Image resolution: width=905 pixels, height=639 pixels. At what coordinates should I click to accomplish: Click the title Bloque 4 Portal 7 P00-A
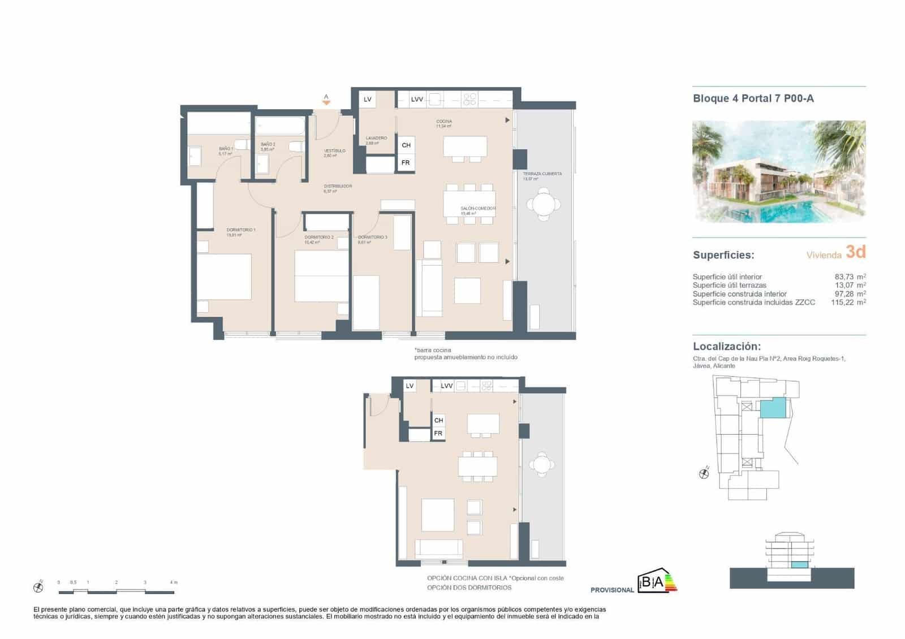pyautogui.click(x=753, y=98)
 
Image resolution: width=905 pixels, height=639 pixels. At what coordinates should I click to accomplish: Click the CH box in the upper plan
pyautogui.click(x=406, y=145)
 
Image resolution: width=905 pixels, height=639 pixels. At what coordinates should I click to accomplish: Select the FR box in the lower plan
pyautogui.click(x=438, y=434)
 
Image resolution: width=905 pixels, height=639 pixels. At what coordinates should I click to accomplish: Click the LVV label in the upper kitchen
pyautogui.click(x=417, y=100)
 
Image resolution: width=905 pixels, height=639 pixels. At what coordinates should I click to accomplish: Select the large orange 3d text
pyautogui.click(x=856, y=252)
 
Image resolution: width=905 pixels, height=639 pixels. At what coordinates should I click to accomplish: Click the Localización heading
pyautogui.click(x=727, y=347)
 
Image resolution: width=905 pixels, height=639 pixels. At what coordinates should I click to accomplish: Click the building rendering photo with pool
pyautogui.click(x=779, y=171)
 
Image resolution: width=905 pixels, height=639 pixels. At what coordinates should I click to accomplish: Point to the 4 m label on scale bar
pyautogui.click(x=174, y=582)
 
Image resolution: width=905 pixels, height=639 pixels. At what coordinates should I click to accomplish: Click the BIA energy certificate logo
pyautogui.click(x=657, y=582)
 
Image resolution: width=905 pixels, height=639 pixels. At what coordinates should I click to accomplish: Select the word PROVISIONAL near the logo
pyautogui.click(x=612, y=590)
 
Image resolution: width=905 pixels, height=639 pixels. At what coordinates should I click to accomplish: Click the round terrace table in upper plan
pyautogui.click(x=543, y=204)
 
